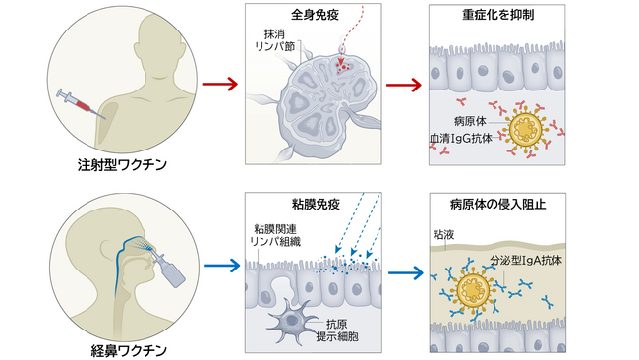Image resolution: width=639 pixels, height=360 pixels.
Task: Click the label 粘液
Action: click(x=444, y=236)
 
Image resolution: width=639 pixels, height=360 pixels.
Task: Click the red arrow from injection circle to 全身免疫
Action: click(x=217, y=85)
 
